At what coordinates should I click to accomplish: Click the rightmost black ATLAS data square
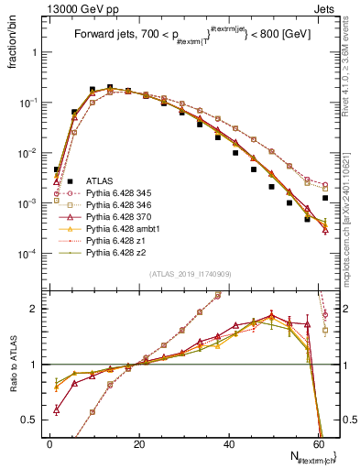pos(325,198)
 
